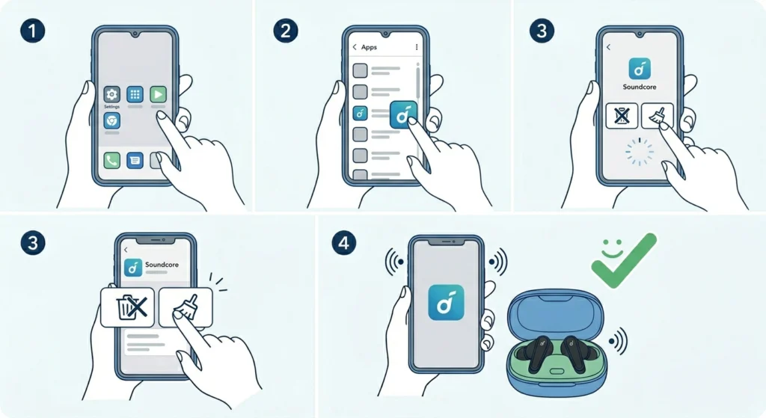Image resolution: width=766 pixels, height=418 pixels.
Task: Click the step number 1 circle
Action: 32,32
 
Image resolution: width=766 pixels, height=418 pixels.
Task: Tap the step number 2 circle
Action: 285,32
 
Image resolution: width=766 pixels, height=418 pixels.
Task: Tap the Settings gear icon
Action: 112,94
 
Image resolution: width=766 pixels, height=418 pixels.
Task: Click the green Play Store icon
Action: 157,94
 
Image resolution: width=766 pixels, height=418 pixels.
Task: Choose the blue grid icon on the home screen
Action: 135,94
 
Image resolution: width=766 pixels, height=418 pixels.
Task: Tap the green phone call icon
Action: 112,159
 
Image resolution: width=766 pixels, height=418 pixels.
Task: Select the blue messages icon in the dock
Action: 135,159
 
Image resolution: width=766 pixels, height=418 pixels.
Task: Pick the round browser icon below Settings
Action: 112,120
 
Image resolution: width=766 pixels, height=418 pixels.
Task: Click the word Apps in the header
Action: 370,47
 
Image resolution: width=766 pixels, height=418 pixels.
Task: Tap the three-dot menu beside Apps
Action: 416,47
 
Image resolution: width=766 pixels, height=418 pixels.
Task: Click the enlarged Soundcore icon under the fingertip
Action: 404,116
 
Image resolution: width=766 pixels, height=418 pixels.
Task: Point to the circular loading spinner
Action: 639,152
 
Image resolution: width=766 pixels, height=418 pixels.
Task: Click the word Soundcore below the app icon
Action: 639,87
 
